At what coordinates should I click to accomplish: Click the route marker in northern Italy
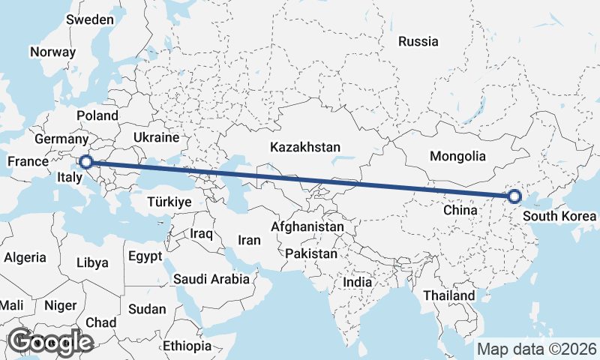[86, 161]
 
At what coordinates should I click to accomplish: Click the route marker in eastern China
[514, 196]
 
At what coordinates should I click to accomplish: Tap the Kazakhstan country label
[306, 147]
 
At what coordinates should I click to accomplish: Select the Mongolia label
[457, 157]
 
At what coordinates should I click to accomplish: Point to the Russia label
[418, 42]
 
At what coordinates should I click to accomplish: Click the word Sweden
[89, 20]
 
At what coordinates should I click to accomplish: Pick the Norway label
[52, 52]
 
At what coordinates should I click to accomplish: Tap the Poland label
[97, 115]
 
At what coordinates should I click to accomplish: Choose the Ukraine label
[155, 138]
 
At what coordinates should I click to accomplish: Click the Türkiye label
[169, 202]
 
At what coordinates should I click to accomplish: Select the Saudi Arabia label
[211, 280]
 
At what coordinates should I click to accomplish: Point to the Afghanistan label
[307, 226]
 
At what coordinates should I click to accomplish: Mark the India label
[357, 283]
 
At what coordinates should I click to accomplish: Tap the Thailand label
[448, 295]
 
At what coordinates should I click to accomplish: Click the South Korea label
[561, 217]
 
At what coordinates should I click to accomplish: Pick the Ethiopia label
[187, 346]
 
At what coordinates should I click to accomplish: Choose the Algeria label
[25, 257]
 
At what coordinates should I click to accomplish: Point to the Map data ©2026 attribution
[536, 349]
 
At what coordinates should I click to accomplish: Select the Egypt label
[145, 256]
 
